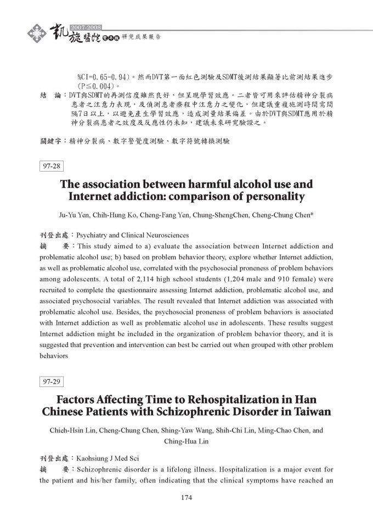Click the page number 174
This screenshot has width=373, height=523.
(x=186, y=498)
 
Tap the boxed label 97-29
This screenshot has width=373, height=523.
(x=51, y=380)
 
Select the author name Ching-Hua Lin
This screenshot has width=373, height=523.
(x=187, y=440)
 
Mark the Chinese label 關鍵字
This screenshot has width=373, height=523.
(x=52, y=141)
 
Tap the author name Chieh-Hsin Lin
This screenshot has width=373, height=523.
(x=72, y=430)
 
